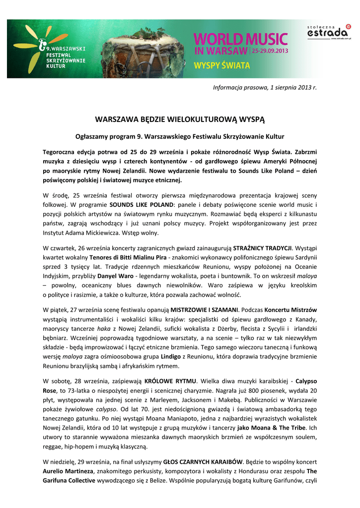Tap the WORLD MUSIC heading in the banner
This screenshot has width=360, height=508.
[240, 39]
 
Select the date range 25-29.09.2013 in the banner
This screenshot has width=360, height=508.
[270, 51]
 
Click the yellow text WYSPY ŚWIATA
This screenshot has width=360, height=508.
[221, 65]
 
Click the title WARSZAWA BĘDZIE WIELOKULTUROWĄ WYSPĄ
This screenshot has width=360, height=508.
[180, 120]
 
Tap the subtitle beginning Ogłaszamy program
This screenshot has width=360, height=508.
[180, 135]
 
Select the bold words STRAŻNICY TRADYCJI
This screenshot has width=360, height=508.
[263, 247]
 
